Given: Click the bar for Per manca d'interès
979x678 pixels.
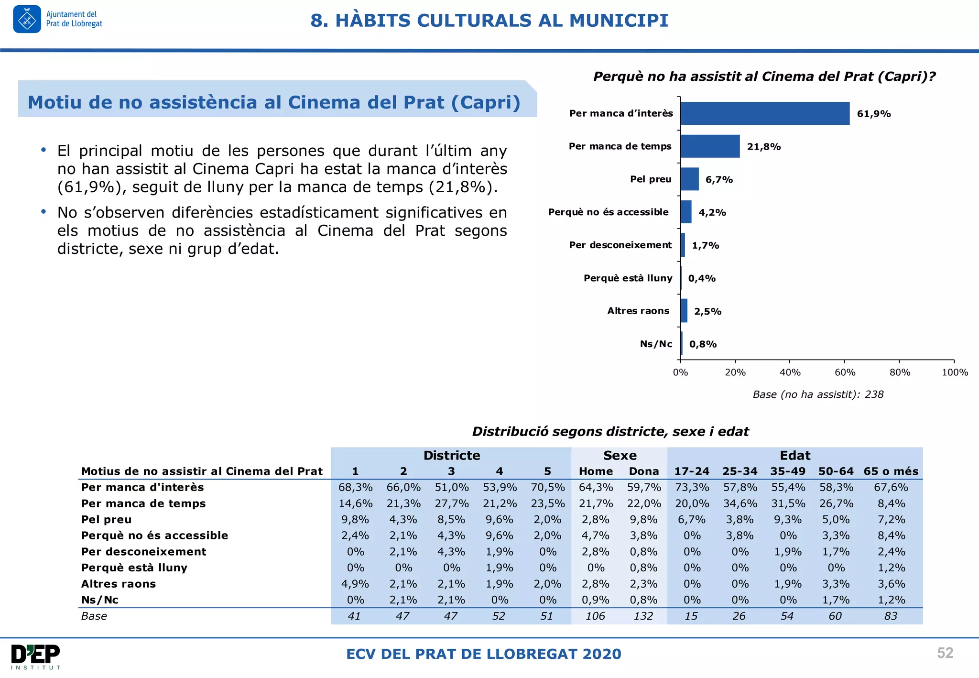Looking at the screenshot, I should (x=765, y=113).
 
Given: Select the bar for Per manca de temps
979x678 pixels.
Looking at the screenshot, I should (x=710, y=146).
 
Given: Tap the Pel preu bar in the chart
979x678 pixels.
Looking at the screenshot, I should (x=689, y=179).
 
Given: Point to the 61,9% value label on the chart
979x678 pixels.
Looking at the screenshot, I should (x=874, y=114).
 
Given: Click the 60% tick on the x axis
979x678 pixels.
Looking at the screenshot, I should (x=845, y=372).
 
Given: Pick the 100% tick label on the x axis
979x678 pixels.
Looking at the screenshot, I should (x=955, y=372).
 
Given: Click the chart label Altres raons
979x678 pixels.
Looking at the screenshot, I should (x=638, y=311).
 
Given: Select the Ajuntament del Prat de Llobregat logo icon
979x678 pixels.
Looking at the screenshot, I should (x=27, y=19).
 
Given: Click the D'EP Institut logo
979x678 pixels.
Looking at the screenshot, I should (x=36, y=657).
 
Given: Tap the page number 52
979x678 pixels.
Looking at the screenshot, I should (x=945, y=653).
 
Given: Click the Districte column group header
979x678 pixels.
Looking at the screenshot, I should (x=452, y=455).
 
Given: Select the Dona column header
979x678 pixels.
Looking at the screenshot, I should (x=643, y=471).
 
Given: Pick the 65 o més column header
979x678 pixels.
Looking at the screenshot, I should (x=891, y=471).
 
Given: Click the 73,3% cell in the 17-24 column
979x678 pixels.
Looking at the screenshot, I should (x=692, y=487).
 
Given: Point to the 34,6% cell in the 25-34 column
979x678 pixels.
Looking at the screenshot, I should (x=740, y=503).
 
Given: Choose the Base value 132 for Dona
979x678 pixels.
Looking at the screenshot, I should (x=643, y=616).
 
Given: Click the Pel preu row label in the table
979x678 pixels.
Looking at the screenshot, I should (x=106, y=519).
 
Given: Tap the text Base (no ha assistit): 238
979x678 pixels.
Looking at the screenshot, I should (x=818, y=394).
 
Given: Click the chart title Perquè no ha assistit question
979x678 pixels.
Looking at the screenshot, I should (x=764, y=77).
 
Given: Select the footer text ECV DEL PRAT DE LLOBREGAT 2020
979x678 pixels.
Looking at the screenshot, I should (x=484, y=654).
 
